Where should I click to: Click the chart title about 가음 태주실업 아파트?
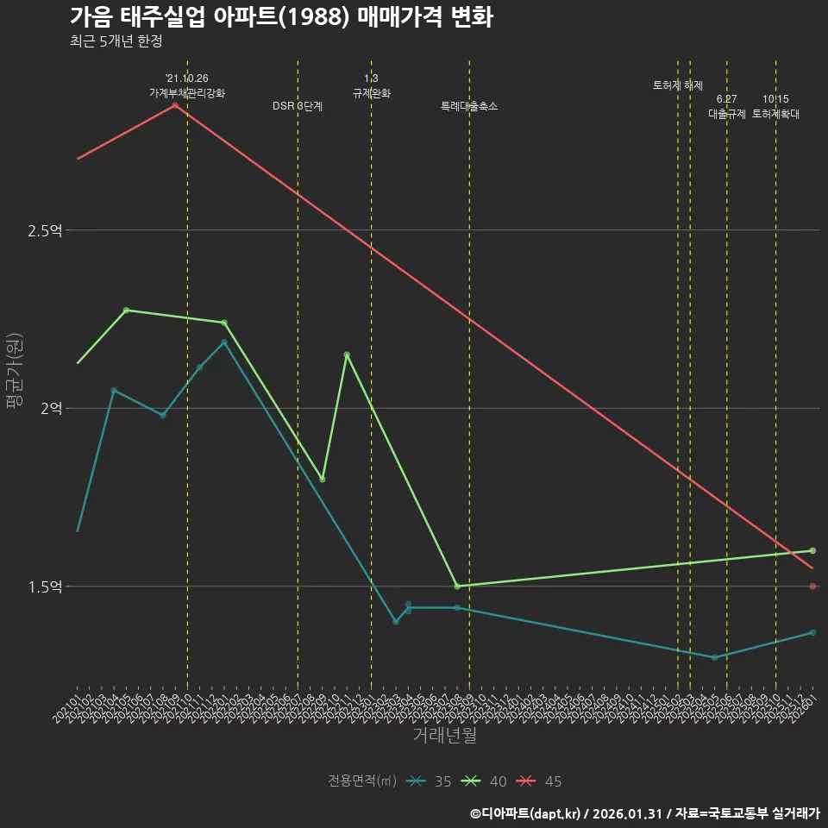281,17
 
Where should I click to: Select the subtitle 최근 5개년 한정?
116,41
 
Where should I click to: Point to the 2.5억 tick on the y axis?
45,230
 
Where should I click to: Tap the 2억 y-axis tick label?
51,409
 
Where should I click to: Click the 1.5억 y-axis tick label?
45,587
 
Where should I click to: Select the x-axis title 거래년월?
444,736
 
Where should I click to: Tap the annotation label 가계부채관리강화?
187,93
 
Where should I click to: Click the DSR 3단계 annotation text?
298,106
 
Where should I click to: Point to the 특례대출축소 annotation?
469,106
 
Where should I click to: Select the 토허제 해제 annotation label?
678,85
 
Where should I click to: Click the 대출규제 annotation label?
726,114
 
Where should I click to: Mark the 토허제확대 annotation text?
775,114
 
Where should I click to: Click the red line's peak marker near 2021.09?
175,105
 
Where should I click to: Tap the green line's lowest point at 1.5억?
457,586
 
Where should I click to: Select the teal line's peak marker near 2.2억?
224,342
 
